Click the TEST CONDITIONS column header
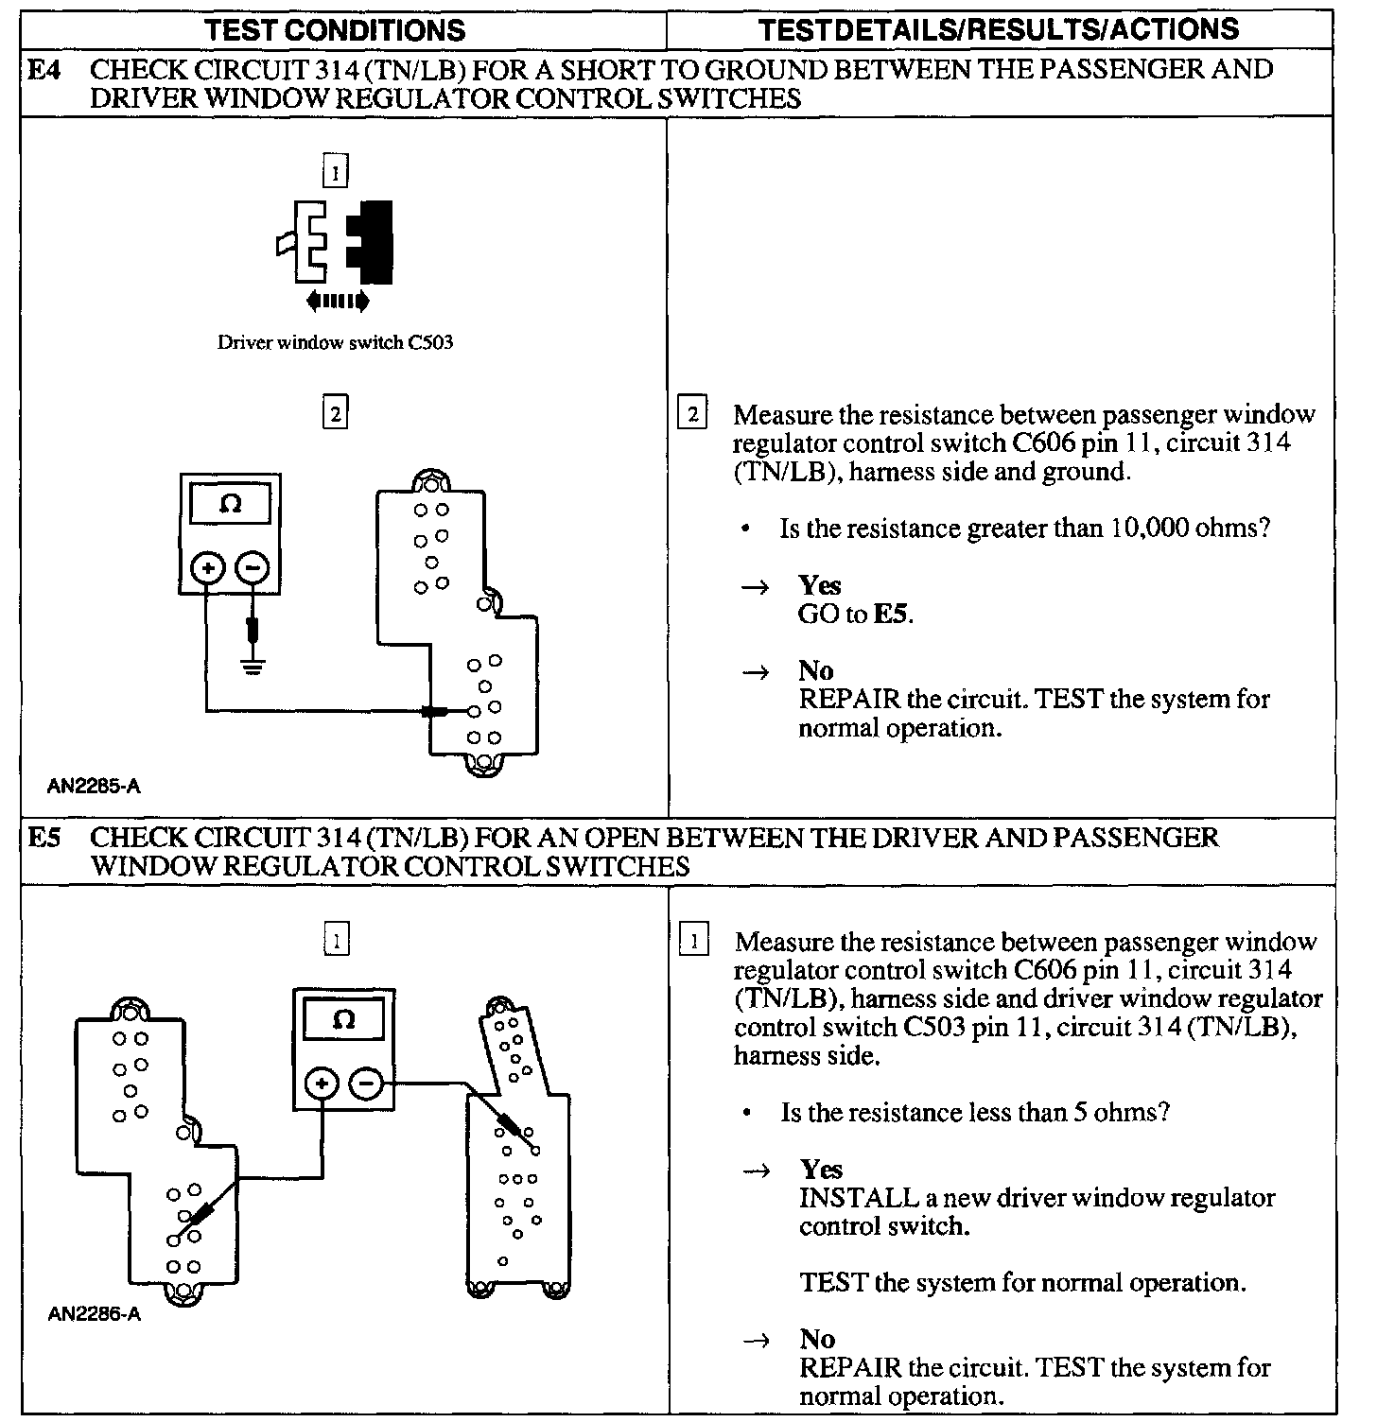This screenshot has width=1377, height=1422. click(336, 29)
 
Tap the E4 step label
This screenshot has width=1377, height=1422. click(44, 70)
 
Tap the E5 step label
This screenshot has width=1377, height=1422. click(44, 838)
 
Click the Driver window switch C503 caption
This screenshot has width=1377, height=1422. click(335, 342)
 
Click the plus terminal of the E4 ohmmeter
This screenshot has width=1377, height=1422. click(208, 568)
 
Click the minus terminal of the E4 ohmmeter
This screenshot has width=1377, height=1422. click(253, 568)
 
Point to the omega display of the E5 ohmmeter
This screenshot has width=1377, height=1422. click(344, 1020)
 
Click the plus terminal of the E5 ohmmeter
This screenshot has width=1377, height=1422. click(322, 1084)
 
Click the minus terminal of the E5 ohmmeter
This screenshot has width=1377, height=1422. click(367, 1084)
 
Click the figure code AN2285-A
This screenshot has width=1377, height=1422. click(94, 786)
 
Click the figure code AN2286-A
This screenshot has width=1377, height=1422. click(94, 1314)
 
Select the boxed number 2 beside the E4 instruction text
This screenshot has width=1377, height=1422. click(693, 415)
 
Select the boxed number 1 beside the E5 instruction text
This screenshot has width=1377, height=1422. click(695, 942)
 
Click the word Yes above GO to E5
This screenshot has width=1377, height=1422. click(819, 585)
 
